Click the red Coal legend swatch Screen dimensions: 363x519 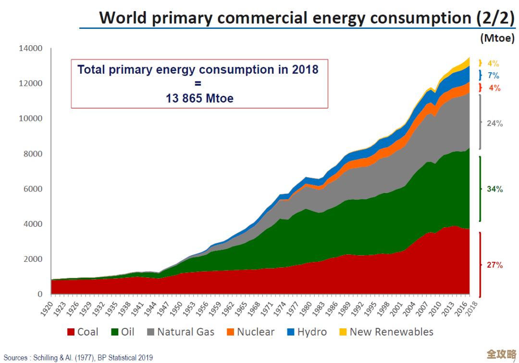[x=71, y=332]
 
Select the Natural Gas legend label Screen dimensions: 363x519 [x=185, y=332]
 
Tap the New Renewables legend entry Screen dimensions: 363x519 [x=391, y=332]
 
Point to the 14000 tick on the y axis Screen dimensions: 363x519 [x=31, y=48]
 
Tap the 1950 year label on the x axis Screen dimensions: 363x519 [x=178, y=308]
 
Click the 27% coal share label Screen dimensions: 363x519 [x=494, y=265]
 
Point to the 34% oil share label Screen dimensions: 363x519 [x=494, y=189]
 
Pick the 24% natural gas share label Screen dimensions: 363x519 [x=494, y=123]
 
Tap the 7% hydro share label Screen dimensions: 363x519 [x=494, y=76]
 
